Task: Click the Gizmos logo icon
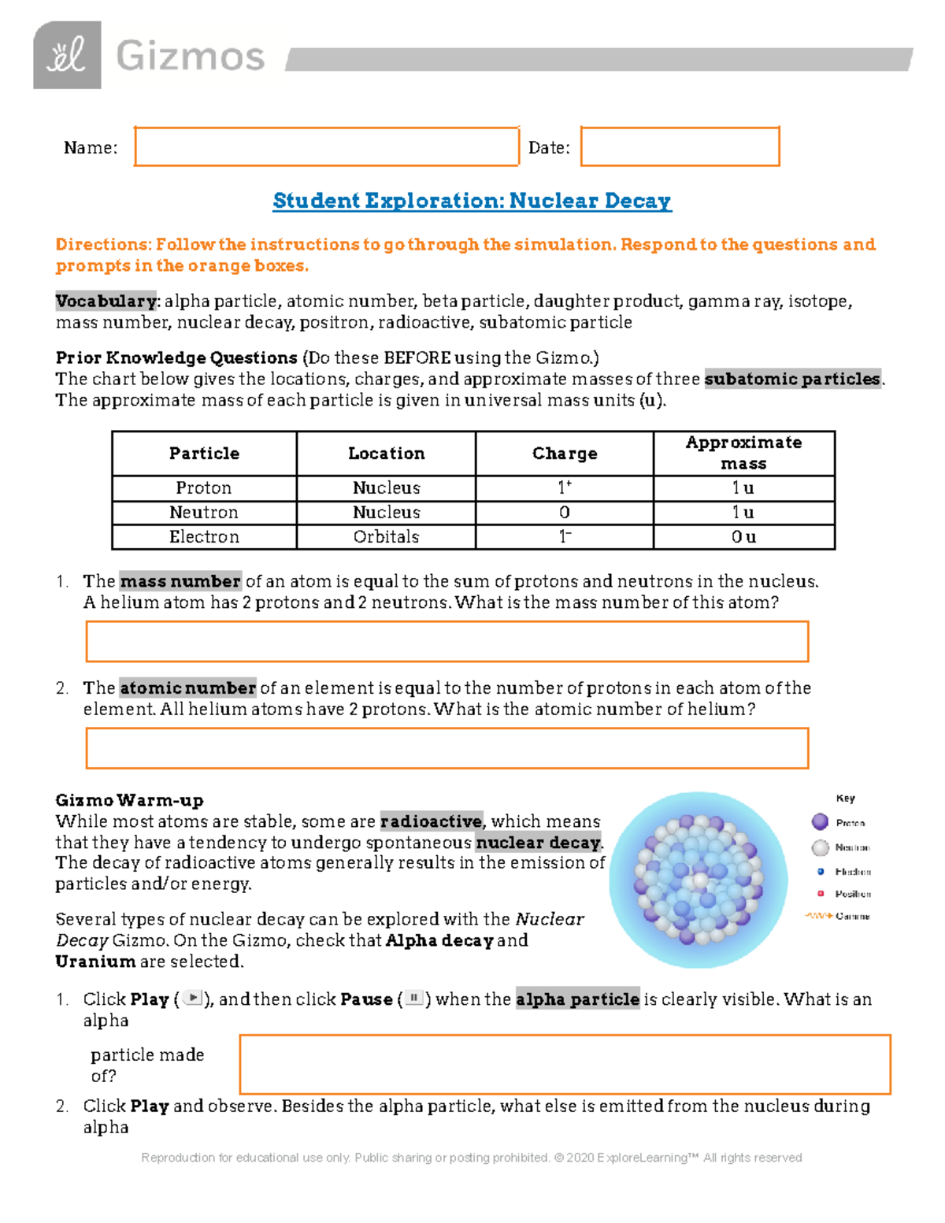(x=67, y=55)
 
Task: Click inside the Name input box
(x=326, y=146)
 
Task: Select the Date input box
(x=680, y=146)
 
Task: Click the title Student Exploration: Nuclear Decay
(x=472, y=201)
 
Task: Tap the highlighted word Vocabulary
(x=106, y=301)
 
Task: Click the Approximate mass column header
(x=743, y=453)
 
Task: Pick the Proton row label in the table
(x=204, y=487)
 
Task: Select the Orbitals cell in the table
(x=386, y=536)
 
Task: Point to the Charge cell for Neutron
(x=564, y=512)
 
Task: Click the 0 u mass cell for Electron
(x=743, y=536)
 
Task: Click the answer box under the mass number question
(x=447, y=641)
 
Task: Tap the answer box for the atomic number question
(x=447, y=747)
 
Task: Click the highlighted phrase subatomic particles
(x=792, y=379)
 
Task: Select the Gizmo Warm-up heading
(x=129, y=800)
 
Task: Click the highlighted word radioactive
(x=431, y=821)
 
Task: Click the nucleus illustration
(x=698, y=880)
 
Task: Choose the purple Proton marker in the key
(x=820, y=822)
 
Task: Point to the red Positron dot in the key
(x=821, y=894)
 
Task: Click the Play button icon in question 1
(x=193, y=999)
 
